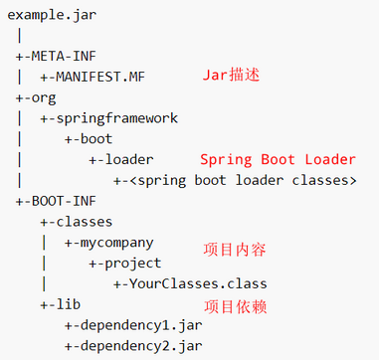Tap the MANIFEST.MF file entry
click(97, 76)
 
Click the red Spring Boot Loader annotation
click(278, 159)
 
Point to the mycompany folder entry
click(109, 242)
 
